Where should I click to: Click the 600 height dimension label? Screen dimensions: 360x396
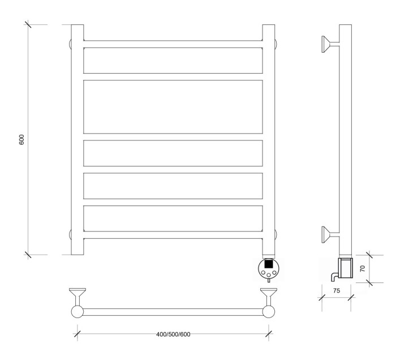(x=22, y=140)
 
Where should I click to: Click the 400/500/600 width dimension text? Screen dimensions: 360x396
(x=173, y=333)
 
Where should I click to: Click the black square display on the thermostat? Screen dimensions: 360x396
(x=269, y=264)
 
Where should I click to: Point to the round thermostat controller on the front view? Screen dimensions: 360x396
(x=269, y=269)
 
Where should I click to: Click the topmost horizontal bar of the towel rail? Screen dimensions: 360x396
(x=173, y=44)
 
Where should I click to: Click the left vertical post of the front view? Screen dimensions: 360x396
(x=77, y=139)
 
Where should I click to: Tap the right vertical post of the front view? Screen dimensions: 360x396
(x=269, y=139)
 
